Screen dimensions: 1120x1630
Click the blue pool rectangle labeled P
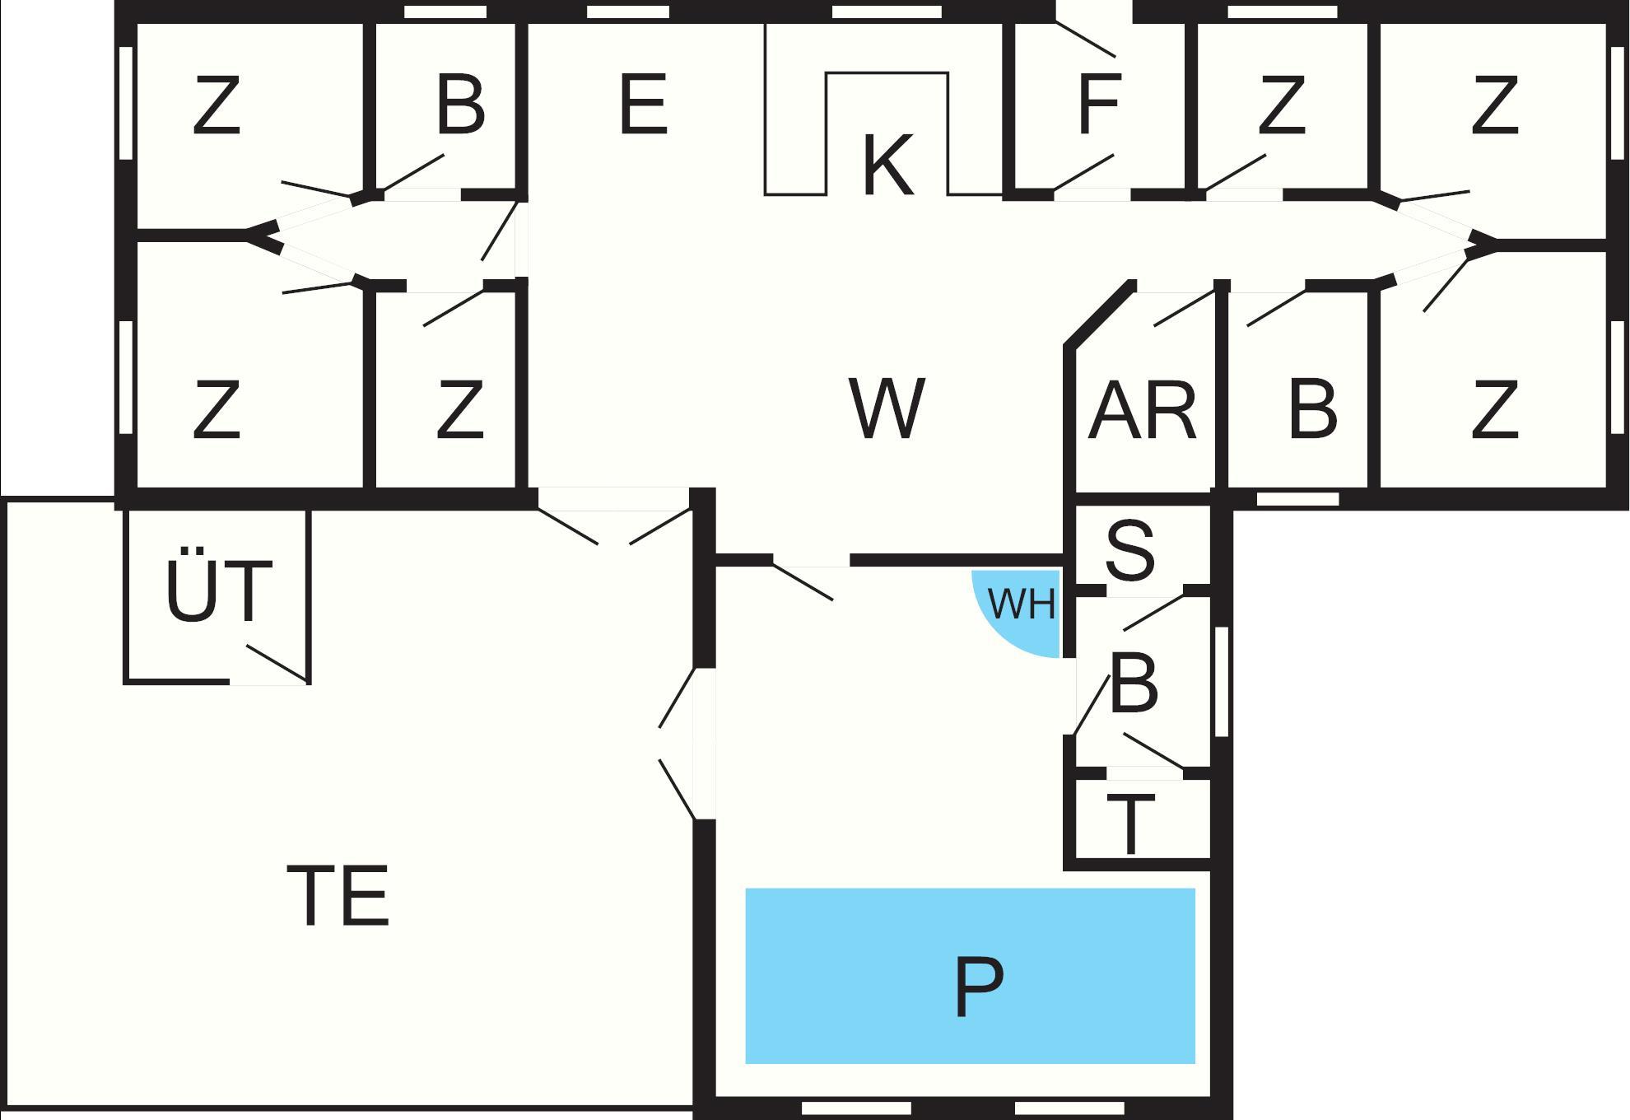tap(970, 976)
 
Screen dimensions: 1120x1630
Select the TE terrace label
tap(338, 896)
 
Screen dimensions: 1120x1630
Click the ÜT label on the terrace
tap(218, 591)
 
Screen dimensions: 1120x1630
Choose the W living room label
tap(887, 408)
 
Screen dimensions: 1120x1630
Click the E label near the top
tap(643, 105)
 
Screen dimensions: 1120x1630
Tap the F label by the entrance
tap(1098, 105)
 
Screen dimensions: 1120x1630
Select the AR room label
tap(1142, 410)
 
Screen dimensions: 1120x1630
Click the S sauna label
tap(1130, 550)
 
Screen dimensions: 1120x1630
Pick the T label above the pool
tap(1130, 825)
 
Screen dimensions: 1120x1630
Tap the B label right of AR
tap(1312, 409)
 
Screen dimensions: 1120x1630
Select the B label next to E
tap(460, 105)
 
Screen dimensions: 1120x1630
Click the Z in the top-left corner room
tap(217, 105)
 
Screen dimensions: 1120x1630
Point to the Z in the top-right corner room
tap(1494, 105)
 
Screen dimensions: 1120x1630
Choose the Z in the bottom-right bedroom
tap(1494, 409)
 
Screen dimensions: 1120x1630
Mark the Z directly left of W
tap(459, 409)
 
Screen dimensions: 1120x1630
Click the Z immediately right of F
tap(1281, 105)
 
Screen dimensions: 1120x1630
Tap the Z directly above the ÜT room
tap(217, 409)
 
